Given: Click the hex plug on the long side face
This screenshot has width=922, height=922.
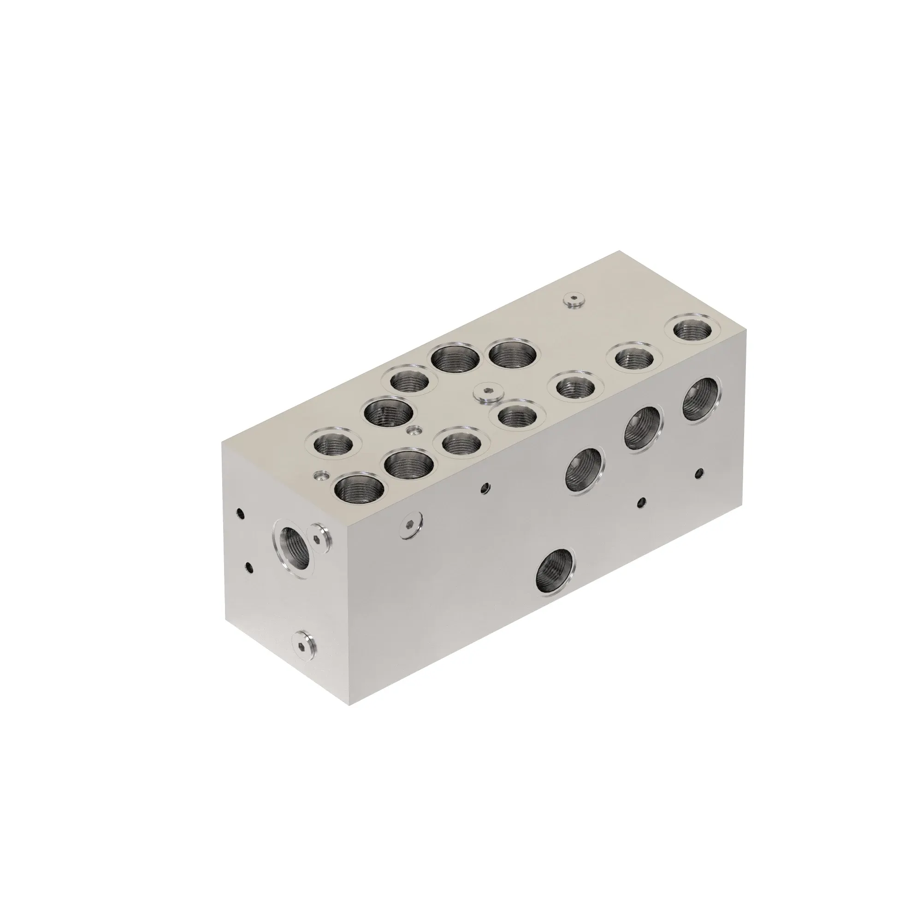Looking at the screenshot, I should pyautogui.click(x=412, y=526).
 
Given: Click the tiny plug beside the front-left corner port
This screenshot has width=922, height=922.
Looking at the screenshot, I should pyautogui.click(x=322, y=475).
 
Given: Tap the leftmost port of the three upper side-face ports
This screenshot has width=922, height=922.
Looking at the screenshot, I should pyautogui.click(x=585, y=470).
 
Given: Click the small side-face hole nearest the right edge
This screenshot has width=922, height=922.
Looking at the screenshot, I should pyautogui.click(x=699, y=473).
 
